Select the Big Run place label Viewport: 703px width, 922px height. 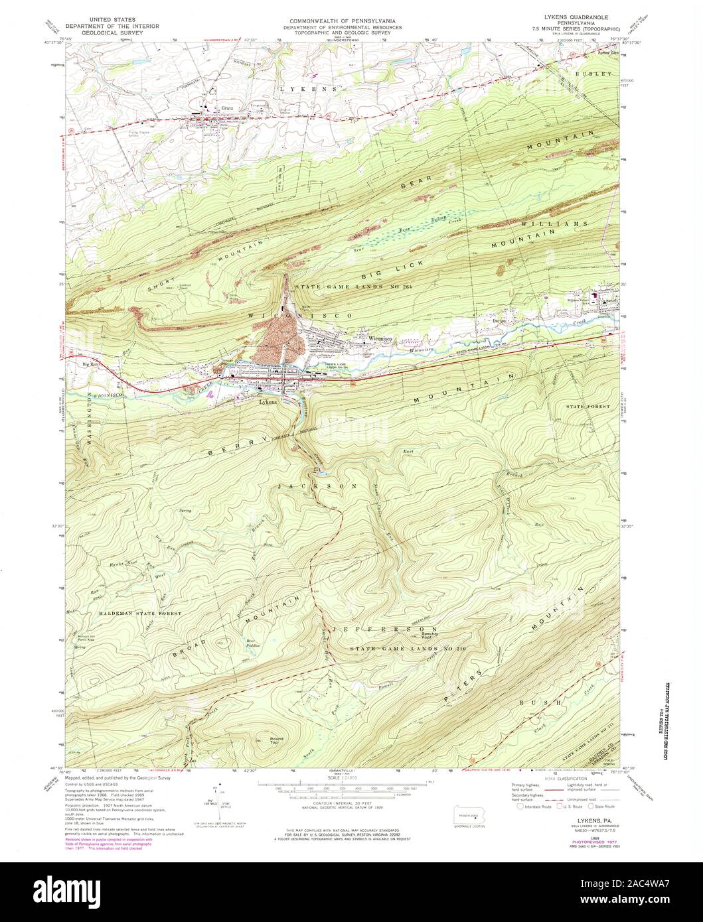(x=90, y=364)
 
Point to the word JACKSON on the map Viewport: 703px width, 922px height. (x=317, y=486)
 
